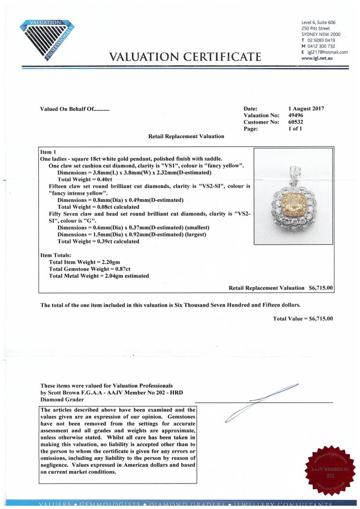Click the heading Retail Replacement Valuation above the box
click(x=186, y=136)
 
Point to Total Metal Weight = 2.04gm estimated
click(x=98, y=276)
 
